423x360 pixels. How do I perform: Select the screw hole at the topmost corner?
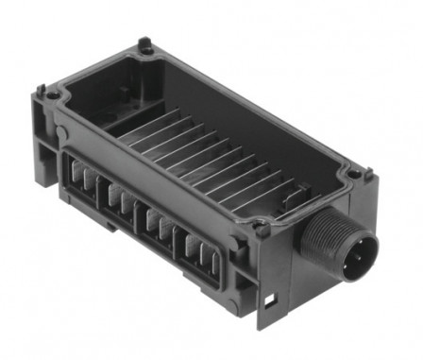pyautogui.click(x=144, y=44)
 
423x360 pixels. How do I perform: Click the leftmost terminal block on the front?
pyautogui.click(x=83, y=180)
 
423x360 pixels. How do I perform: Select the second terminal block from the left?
pyautogui.click(x=121, y=200)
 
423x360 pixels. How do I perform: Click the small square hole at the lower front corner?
pyautogui.click(x=271, y=302)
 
